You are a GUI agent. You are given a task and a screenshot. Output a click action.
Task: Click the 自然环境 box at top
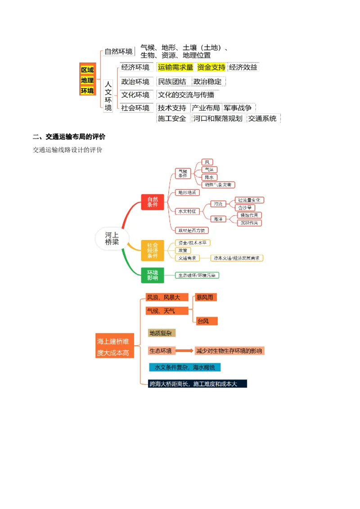(x=119, y=51)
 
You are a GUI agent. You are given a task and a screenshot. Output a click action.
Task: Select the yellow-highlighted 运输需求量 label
(x=175, y=67)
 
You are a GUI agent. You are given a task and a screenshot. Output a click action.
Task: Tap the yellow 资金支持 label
(x=211, y=67)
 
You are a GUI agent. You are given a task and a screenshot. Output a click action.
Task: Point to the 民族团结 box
(x=172, y=82)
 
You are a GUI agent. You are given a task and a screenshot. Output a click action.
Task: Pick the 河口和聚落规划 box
(x=218, y=119)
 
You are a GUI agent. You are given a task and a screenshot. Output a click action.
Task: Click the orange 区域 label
(x=87, y=70)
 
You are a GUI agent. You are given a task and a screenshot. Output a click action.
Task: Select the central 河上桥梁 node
(x=112, y=238)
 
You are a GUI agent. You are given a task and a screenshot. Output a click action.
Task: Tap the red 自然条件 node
(x=153, y=202)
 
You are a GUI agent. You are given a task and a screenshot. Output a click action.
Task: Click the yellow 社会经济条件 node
(x=153, y=250)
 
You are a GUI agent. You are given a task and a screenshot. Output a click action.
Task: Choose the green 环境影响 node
(x=153, y=275)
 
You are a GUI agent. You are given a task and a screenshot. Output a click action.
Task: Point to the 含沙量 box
(x=245, y=208)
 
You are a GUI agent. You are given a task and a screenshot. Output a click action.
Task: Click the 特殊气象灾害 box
(x=218, y=185)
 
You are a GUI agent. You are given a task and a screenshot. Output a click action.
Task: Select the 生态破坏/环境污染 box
(x=198, y=275)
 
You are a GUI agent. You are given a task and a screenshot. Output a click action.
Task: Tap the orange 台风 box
(x=206, y=321)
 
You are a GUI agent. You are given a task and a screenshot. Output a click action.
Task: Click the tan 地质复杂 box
(x=161, y=333)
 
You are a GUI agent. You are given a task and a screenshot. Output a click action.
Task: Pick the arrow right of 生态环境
(x=184, y=351)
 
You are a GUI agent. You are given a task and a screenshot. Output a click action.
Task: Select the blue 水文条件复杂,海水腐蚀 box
(x=184, y=367)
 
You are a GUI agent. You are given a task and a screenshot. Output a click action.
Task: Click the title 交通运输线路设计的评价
(x=67, y=150)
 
